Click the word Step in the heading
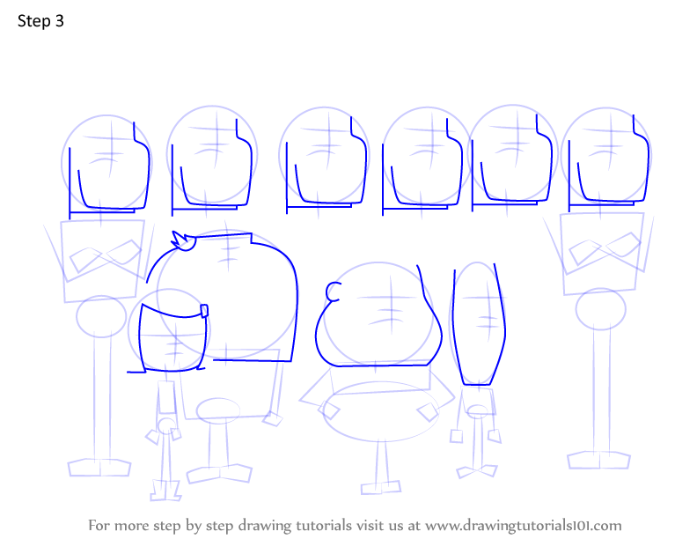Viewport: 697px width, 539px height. point(33,21)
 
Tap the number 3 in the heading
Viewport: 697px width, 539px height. point(60,21)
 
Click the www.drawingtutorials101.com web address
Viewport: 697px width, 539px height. point(524,526)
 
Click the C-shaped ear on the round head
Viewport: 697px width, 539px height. point(333,292)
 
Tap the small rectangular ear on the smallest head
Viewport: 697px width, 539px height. point(204,311)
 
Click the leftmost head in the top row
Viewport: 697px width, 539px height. point(106,165)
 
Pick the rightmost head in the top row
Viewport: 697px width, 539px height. point(605,159)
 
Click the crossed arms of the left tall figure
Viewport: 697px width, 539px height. point(106,255)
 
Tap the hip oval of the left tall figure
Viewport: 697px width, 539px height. point(101,316)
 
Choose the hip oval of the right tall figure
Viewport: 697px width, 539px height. point(600,309)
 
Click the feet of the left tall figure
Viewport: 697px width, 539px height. point(99,467)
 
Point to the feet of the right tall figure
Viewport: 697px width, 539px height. point(598,460)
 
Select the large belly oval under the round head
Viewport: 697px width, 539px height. point(380,411)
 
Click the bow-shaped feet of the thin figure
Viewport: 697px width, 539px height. point(477,471)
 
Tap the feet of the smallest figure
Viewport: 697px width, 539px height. point(165,490)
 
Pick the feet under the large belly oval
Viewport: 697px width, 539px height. point(381,487)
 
